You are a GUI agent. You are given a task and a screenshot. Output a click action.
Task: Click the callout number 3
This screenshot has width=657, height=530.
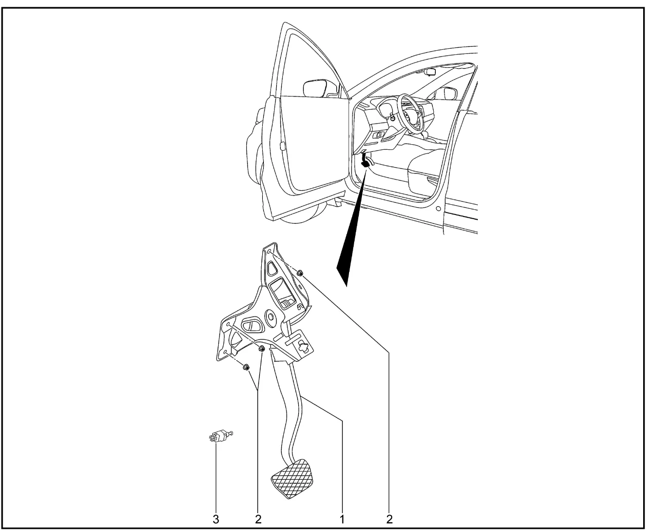coord(216,519)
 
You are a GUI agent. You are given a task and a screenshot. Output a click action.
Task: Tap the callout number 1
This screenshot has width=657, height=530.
coord(342,519)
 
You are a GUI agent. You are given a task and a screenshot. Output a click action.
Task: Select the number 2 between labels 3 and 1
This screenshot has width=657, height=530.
coord(258,519)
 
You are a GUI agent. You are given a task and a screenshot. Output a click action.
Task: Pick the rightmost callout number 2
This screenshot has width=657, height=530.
coord(389,519)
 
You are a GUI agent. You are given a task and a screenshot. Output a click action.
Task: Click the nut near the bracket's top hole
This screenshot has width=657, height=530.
coord(299,272)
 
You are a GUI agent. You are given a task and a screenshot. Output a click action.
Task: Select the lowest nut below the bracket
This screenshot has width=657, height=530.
coord(246,367)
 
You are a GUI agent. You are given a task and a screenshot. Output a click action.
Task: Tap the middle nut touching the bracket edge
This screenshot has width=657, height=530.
coord(262,349)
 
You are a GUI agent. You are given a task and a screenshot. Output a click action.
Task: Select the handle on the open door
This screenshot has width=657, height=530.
coord(281,146)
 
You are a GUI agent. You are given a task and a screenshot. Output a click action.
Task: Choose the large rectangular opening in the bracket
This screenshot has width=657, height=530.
coord(283,293)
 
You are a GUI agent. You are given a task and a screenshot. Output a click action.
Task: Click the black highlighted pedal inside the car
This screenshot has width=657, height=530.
coord(365,161)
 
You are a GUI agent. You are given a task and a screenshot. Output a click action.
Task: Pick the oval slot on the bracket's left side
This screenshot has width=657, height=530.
coord(251,326)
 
